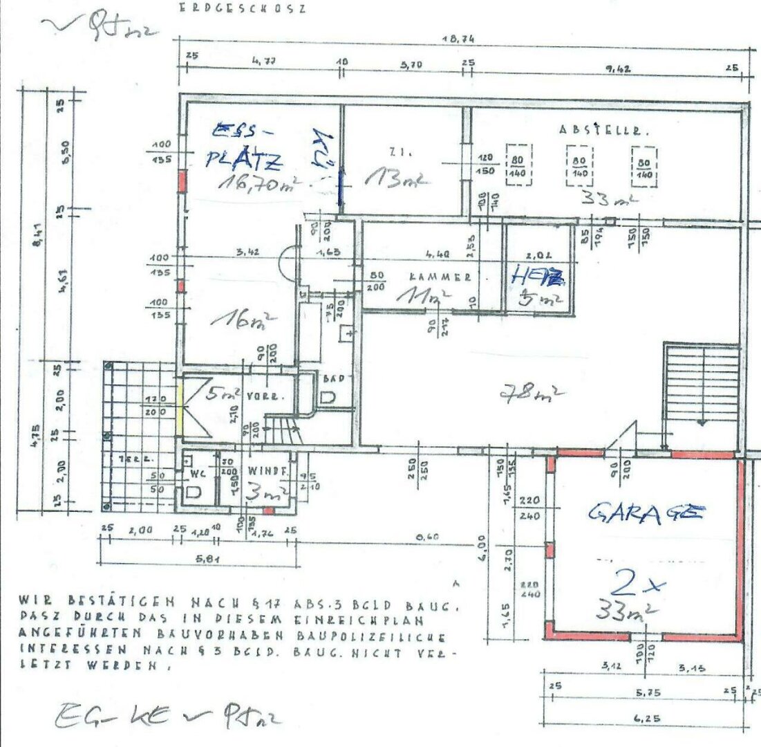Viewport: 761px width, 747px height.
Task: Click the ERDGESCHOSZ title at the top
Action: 241,8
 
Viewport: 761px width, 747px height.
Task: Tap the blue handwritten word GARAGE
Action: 646,513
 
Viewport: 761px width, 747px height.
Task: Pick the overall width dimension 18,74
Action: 458,40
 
